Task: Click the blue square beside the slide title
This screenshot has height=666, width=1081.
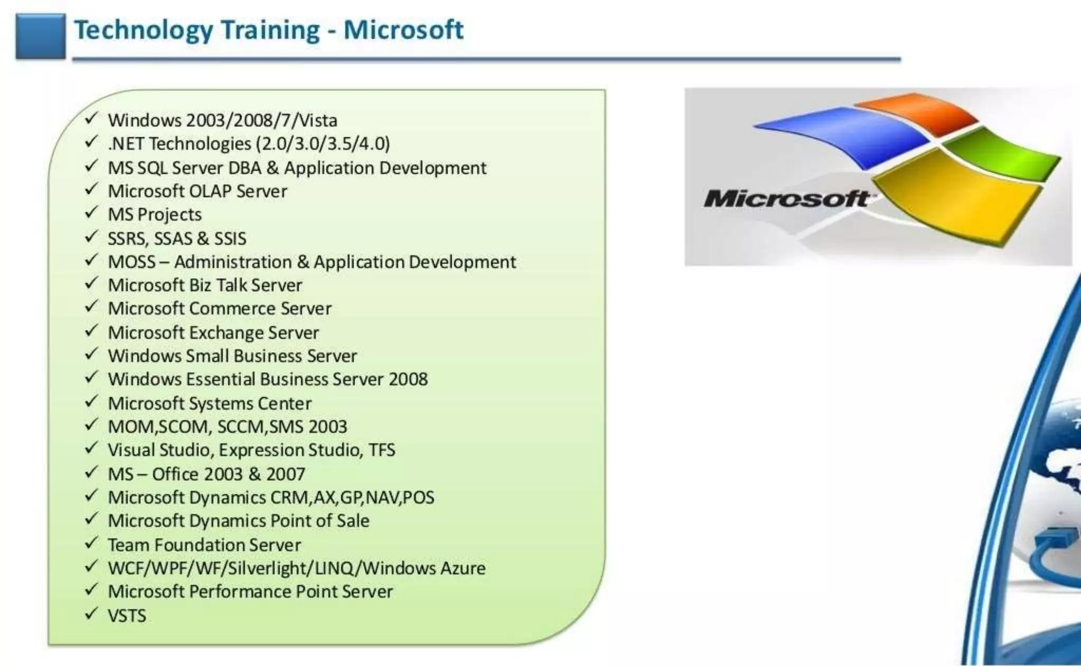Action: click(41, 36)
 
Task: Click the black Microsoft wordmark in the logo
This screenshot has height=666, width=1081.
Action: click(786, 199)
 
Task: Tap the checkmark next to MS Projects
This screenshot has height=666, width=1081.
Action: click(91, 213)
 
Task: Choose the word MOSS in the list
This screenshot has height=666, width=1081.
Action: click(132, 262)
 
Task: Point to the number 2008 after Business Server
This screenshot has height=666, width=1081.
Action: click(408, 379)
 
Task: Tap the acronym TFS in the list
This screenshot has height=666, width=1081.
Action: click(382, 450)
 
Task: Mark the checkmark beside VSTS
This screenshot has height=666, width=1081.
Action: click(91, 613)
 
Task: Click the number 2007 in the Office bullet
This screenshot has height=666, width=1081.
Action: click(286, 474)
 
